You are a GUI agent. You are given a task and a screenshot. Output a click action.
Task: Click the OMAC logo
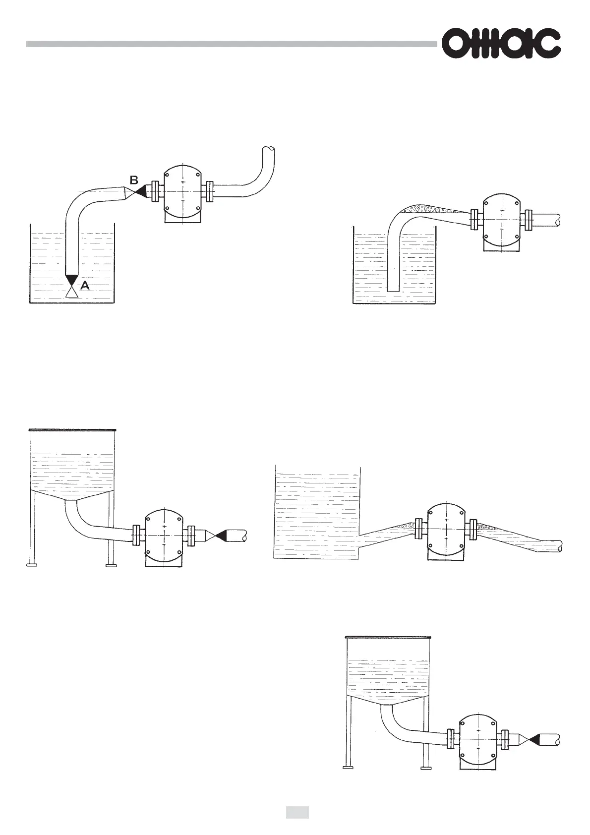pyautogui.click(x=501, y=44)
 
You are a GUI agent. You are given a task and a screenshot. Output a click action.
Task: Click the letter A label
pyautogui.click(x=85, y=286)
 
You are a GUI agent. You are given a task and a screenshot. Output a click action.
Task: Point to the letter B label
pyautogui.click(x=134, y=179)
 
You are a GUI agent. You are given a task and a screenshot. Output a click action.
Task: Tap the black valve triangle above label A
pyautogui.click(x=72, y=279)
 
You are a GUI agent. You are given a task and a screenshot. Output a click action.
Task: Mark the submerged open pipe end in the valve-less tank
pyautogui.click(x=393, y=290)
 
